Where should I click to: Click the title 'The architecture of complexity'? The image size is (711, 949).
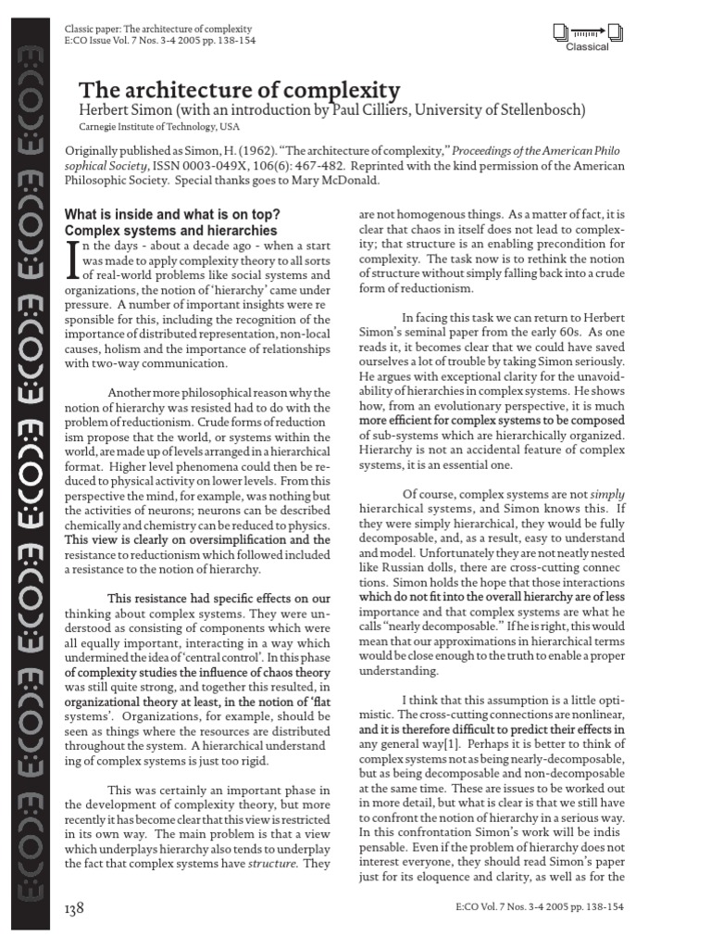point(239,90)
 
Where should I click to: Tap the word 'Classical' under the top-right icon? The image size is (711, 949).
point(588,47)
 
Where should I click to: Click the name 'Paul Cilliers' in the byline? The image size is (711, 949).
point(367,110)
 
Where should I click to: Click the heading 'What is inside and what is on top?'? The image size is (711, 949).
point(171,215)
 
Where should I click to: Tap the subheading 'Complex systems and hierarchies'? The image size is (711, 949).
point(170,230)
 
